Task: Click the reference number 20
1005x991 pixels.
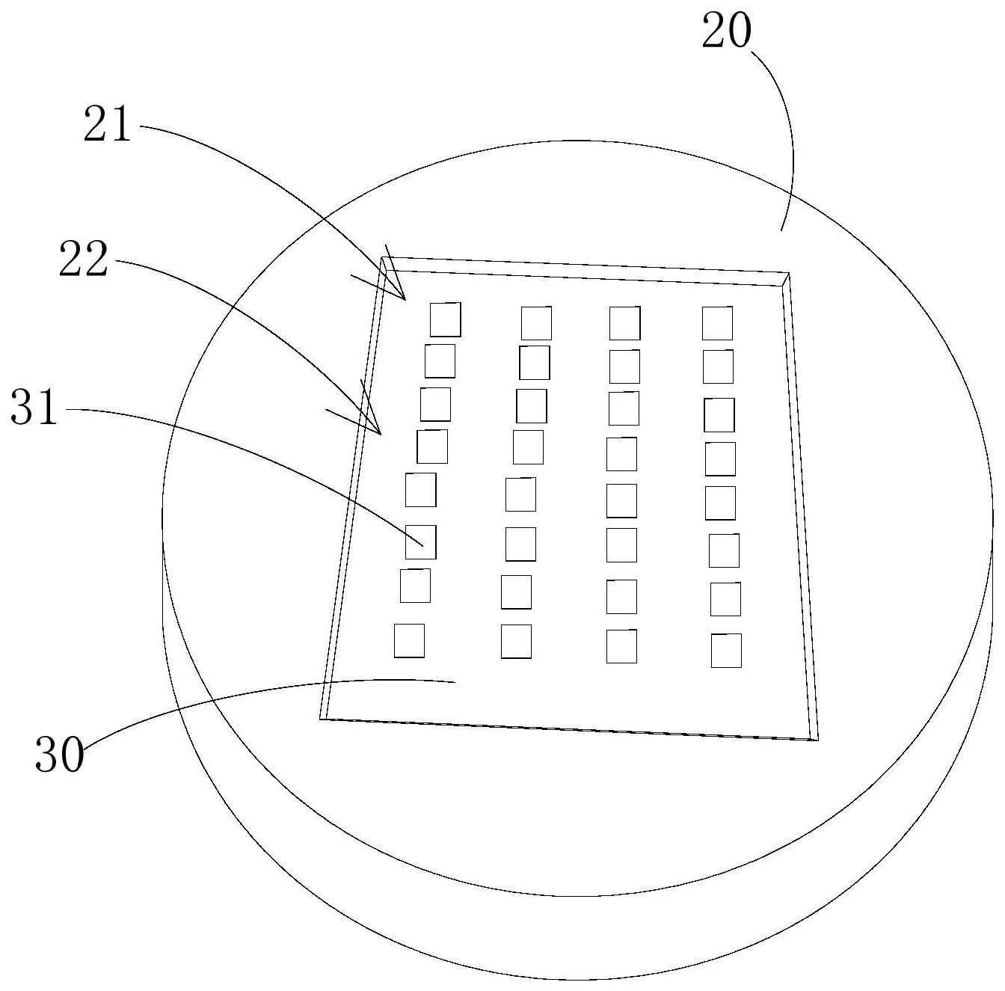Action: tap(726, 33)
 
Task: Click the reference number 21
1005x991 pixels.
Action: tap(107, 124)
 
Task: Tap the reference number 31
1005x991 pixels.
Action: tap(34, 408)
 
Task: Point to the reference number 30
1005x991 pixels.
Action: tap(59, 755)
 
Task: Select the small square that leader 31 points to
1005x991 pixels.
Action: tap(420, 541)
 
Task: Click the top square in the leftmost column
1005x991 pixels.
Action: tap(445, 319)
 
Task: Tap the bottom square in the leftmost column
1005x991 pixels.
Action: tap(409, 641)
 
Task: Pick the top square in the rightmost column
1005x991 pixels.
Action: tap(717, 323)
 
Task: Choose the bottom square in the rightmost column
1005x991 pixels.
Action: tap(726, 650)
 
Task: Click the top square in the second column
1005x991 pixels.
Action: tap(536, 323)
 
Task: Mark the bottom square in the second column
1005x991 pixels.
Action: tap(516, 642)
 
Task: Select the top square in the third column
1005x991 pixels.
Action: tap(624, 323)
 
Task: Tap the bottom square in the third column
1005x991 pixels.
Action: tap(621, 646)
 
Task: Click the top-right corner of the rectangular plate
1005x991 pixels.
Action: tap(788, 274)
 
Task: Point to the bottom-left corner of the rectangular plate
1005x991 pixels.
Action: tap(321, 719)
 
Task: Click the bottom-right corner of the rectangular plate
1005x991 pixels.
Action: tap(817, 740)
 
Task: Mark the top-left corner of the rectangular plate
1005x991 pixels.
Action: tap(383, 258)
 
